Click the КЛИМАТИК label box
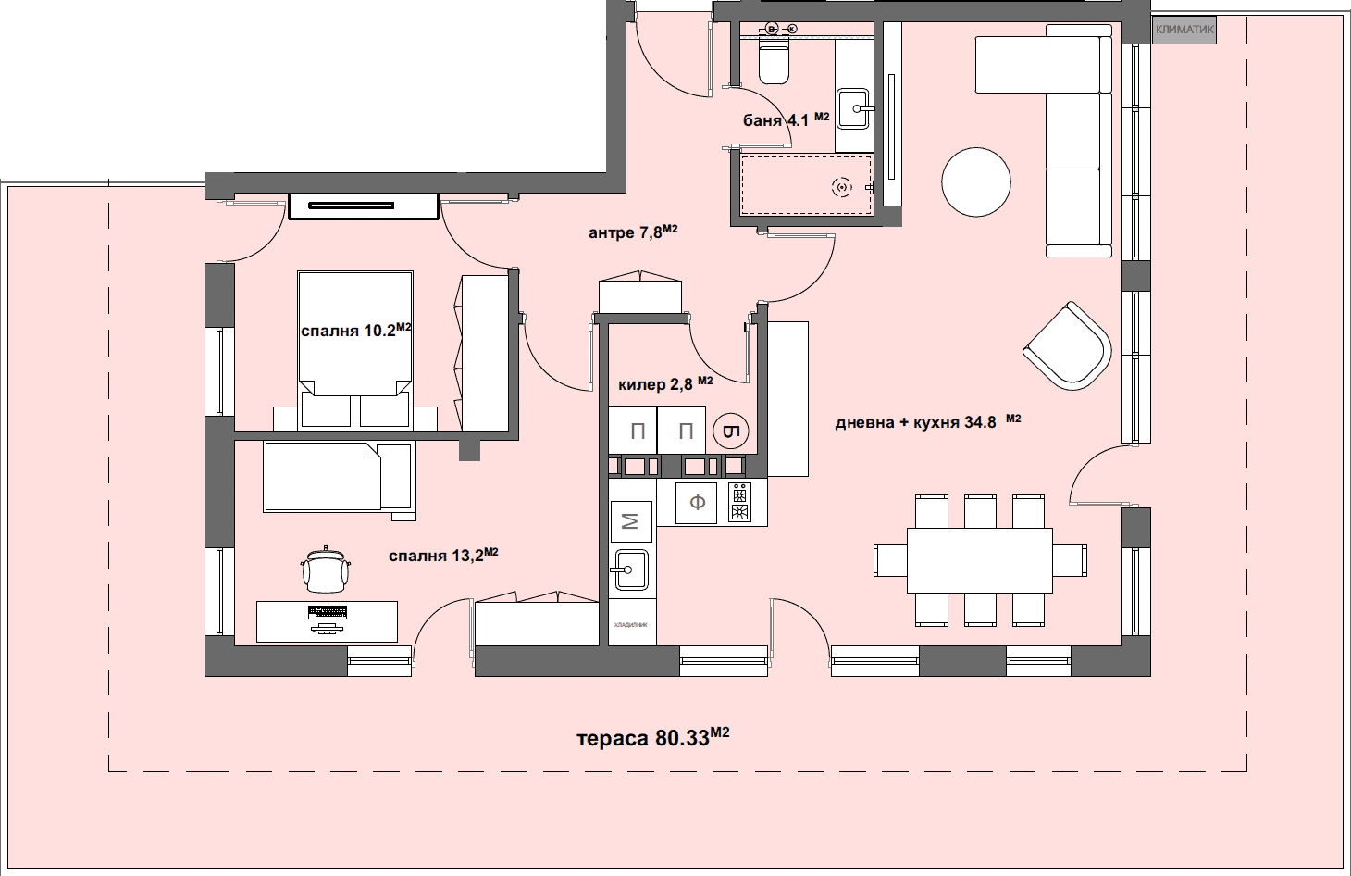[1184, 30]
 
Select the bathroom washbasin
[853, 108]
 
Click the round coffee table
[976, 182]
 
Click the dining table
[979, 560]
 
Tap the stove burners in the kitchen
[739, 503]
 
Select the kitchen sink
[631, 569]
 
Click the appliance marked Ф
[697, 503]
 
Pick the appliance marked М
[631, 521]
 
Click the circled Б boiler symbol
[731, 432]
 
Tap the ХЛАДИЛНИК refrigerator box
[631, 623]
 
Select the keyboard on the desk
[327, 612]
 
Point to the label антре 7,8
[633, 232]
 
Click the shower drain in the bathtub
[841, 188]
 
